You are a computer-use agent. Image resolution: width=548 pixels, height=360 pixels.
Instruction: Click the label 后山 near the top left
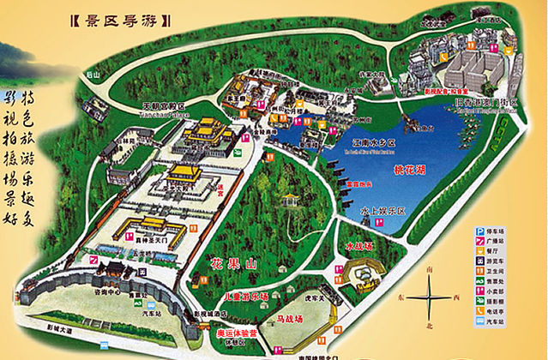[94, 75]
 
